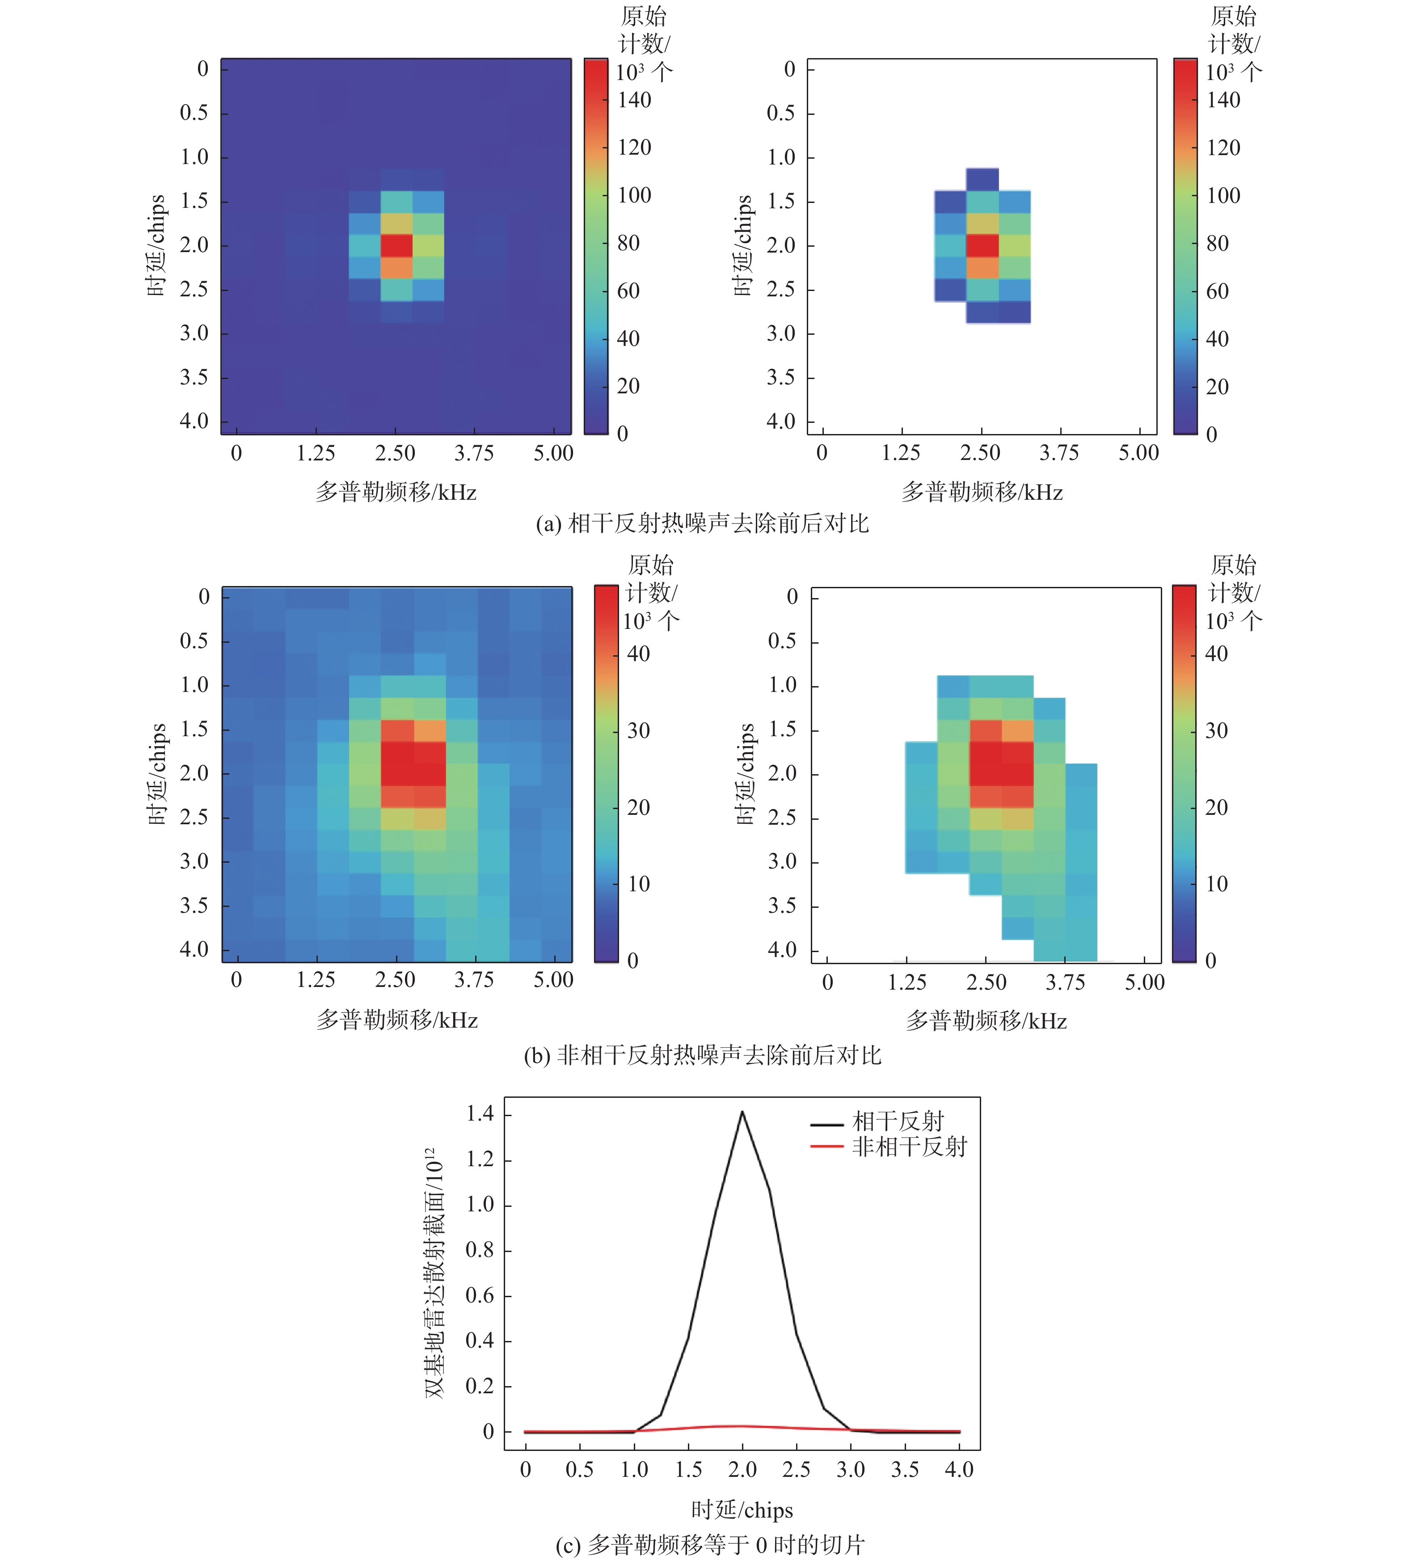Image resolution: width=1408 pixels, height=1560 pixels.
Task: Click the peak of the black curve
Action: coord(742,1112)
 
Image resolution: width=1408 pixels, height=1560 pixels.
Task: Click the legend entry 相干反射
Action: coord(898,1121)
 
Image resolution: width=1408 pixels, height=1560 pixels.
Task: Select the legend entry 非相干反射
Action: coord(909,1147)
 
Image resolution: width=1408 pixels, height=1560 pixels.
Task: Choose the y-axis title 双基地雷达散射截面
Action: coord(435,1273)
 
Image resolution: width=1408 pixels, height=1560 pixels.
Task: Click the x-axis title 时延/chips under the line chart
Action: coord(742,1509)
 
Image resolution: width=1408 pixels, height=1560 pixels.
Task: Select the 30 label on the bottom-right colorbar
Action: coord(1216,730)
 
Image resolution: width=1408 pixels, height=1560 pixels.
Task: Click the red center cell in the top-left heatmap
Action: coord(396,245)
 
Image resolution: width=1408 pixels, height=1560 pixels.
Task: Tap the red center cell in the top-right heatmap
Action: coord(982,245)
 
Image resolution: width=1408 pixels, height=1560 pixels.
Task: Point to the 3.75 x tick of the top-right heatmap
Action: coord(1059,453)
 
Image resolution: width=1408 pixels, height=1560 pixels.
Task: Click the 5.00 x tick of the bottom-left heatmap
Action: coord(553,980)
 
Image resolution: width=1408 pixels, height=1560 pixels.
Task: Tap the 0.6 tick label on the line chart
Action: coord(480,1295)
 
